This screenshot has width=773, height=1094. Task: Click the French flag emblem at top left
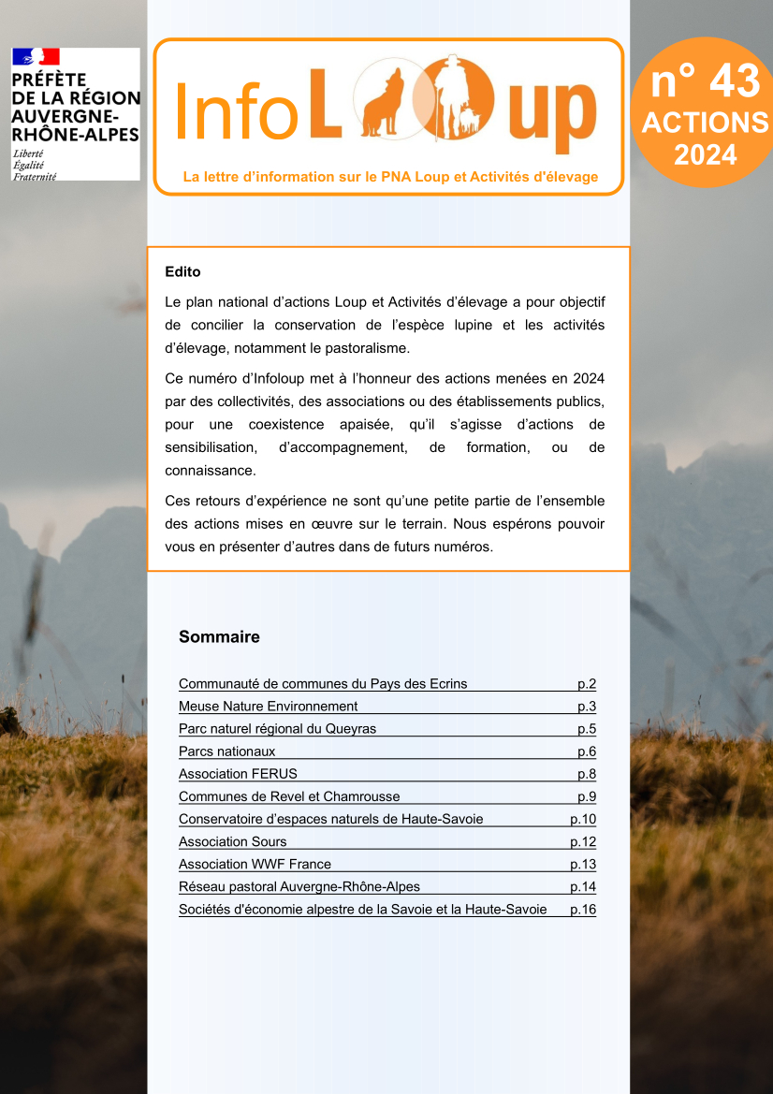(36, 57)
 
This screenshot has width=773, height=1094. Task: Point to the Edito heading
(182, 272)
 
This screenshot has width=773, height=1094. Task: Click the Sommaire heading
(219, 637)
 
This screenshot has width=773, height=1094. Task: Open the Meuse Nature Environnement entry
(269, 707)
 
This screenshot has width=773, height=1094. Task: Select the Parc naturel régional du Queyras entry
(277, 729)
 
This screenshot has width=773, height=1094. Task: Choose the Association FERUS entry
(238, 774)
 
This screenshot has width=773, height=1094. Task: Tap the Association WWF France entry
(255, 864)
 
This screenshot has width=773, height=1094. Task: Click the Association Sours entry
(232, 841)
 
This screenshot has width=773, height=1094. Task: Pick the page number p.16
(583, 909)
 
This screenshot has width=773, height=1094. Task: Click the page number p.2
(587, 684)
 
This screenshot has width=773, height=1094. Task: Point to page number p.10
(583, 819)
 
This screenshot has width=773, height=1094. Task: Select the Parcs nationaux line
(227, 751)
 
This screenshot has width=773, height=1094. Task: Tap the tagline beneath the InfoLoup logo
(390, 177)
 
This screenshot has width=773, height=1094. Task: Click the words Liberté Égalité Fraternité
(35, 164)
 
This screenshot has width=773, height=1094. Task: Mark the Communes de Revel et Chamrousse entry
(289, 796)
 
